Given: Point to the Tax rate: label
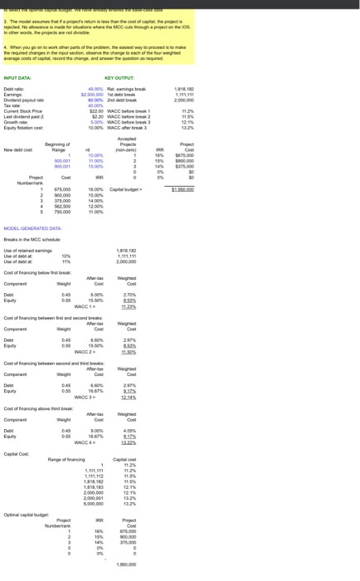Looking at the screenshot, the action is coord(15,102).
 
